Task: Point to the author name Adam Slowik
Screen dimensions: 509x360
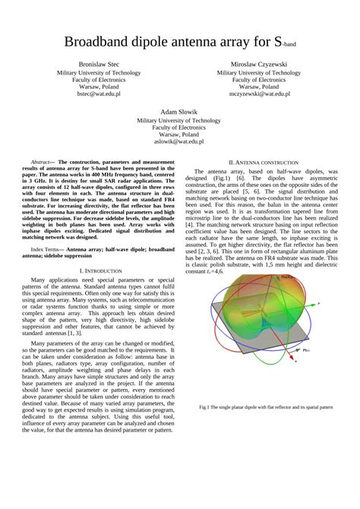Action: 179,111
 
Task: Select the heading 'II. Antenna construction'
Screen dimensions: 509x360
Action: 264,163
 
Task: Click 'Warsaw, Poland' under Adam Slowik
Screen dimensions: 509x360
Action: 179,134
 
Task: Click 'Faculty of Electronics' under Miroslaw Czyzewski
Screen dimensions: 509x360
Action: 258,79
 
